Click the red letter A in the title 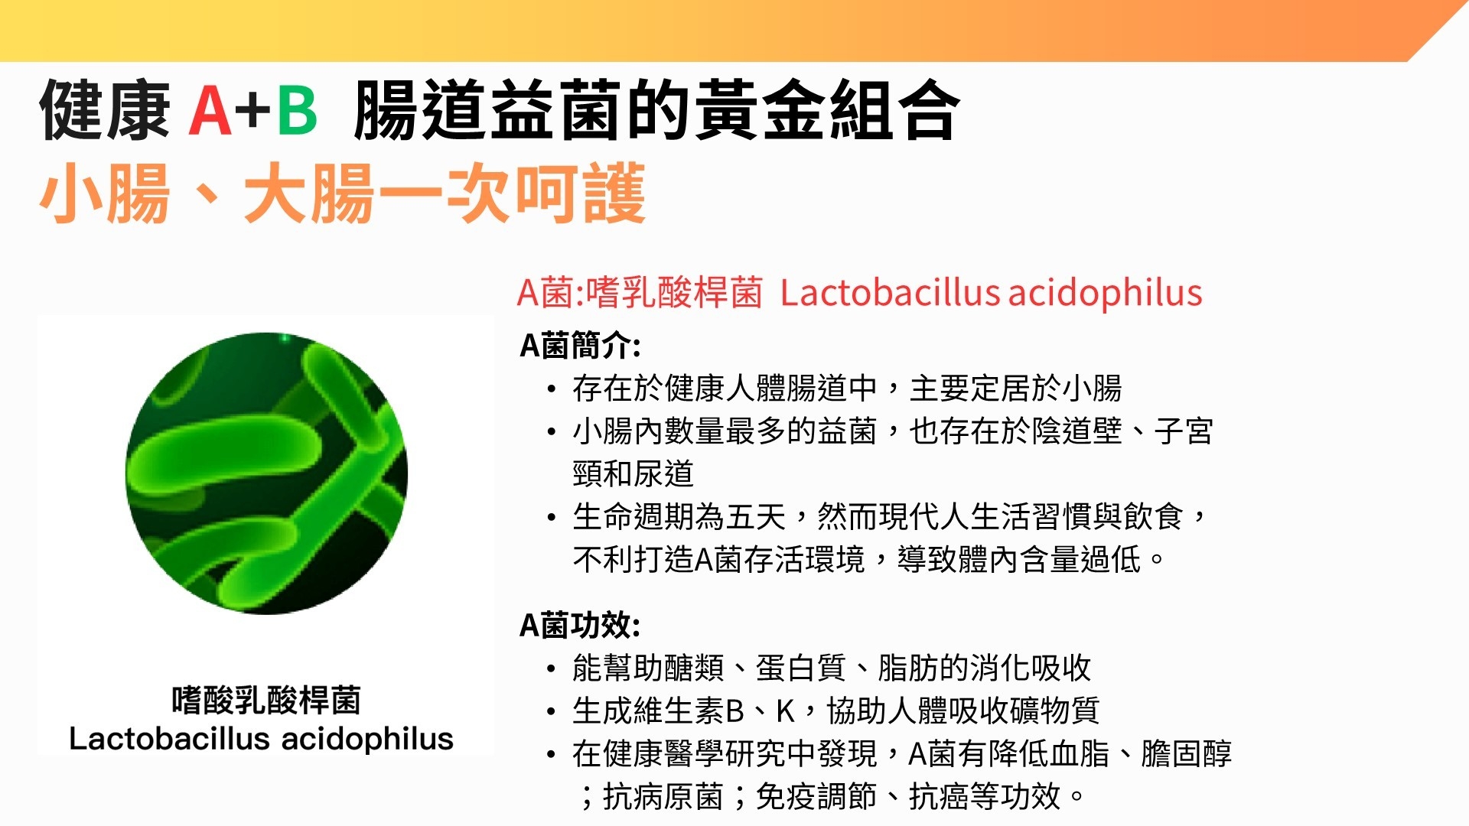210,110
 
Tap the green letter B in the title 297,110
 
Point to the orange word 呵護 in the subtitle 580,193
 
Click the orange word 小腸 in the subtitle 104,193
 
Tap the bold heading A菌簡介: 580,346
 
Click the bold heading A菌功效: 580,626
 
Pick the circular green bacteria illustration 267,473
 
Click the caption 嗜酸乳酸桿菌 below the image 265,700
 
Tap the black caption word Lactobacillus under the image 169,739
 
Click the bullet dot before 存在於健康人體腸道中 552,389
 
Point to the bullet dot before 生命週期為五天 552,518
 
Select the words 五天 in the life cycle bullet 756,517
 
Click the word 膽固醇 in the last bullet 1187,754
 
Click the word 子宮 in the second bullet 1184,431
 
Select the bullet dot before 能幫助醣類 552,669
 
